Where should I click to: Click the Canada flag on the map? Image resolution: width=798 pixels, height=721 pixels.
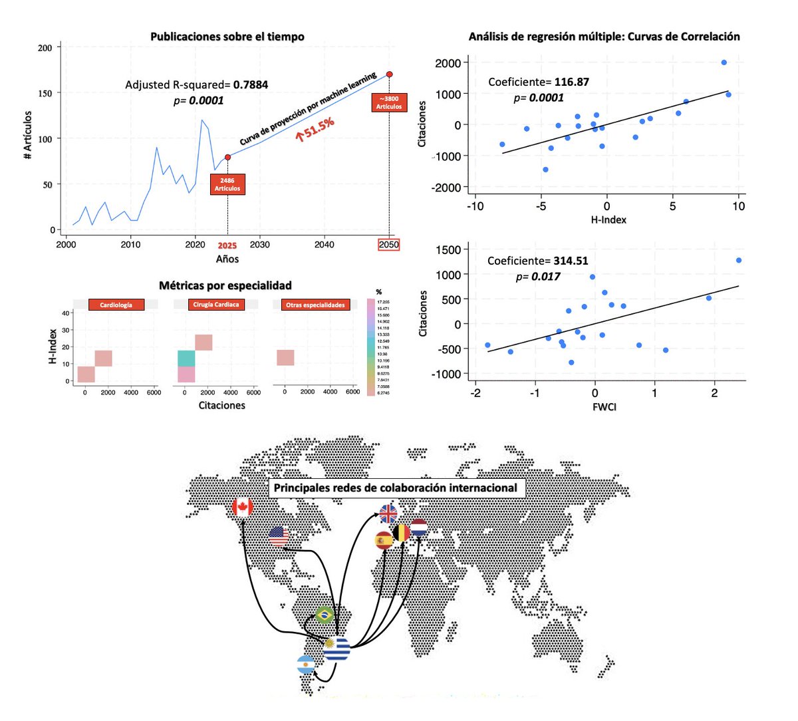[x=242, y=507]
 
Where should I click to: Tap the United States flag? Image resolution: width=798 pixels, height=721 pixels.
[x=279, y=536]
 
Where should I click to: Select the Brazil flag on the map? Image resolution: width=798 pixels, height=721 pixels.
[x=325, y=615]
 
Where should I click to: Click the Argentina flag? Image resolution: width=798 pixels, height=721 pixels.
[x=305, y=664]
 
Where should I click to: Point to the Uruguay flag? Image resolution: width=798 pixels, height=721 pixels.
[x=337, y=649]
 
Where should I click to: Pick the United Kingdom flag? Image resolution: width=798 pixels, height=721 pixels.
[x=388, y=513]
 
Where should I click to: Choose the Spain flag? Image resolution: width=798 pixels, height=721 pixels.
[x=384, y=541]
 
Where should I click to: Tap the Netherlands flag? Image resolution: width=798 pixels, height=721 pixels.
[x=418, y=528]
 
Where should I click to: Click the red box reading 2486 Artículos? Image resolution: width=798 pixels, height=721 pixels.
[x=227, y=184]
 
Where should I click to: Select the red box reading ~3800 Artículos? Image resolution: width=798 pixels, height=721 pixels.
[x=389, y=102]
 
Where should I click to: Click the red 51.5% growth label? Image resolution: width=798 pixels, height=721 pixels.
[x=315, y=129]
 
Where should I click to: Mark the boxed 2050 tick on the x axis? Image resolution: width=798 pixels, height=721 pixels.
[x=389, y=245]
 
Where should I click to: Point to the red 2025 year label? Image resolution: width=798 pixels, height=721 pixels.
[x=227, y=245]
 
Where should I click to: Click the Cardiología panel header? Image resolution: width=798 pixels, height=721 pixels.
[x=116, y=305]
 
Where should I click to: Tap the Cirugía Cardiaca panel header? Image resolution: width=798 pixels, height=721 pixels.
[x=216, y=305]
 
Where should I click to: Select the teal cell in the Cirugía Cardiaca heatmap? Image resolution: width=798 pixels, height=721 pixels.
[x=186, y=359]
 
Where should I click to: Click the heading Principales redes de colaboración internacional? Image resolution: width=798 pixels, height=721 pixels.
[x=396, y=488]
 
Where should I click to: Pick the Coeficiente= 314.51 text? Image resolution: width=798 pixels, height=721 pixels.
[x=537, y=261]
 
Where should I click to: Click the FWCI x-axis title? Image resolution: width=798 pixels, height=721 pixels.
[x=604, y=406]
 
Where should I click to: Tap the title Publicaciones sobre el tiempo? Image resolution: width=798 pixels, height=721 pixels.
[x=227, y=37]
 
